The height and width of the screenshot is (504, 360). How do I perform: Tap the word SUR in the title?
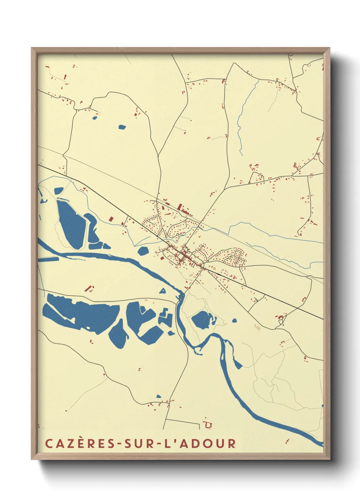137,444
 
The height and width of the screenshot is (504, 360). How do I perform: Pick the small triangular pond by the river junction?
163,291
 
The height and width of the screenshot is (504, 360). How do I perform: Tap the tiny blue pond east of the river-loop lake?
234,320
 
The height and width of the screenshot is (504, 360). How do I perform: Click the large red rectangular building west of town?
111,219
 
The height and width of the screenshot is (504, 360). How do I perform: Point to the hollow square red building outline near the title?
208,425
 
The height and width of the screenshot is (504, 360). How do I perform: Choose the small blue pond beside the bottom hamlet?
159,396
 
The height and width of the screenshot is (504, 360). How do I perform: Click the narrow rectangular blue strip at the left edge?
48,259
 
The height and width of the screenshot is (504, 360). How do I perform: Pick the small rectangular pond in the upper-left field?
122,127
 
